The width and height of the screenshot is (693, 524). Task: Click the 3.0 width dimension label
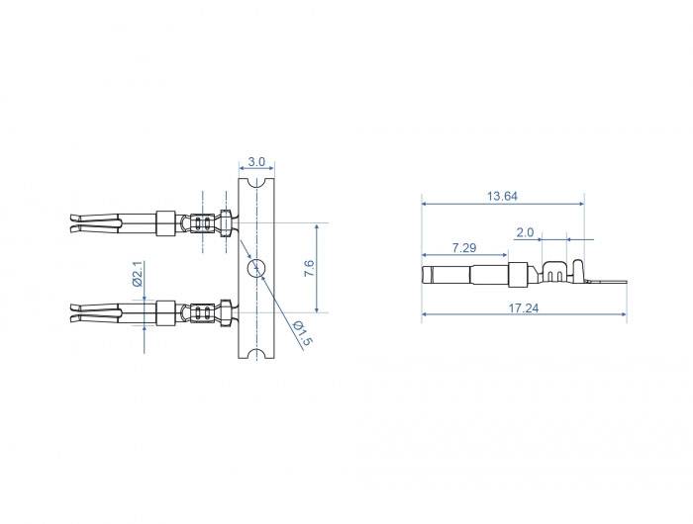pyautogui.click(x=256, y=161)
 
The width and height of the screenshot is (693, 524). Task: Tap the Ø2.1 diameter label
pyautogui.click(x=139, y=273)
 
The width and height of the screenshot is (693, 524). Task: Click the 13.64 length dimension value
pyautogui.click(x=502, y=196)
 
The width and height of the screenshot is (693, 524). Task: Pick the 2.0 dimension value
pyautogui.click(x=525, y=232)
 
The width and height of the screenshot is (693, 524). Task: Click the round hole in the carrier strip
pyautogui.click(x=256, y=268)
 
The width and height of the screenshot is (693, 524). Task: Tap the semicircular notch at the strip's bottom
pyautogui.click(x=256, y=355)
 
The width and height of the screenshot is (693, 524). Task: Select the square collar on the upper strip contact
pyautogui.click(x=165, y=223)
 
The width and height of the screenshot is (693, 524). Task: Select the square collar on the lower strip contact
pyautogui.click(x=165, y=313)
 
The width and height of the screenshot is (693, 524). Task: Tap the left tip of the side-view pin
pyautogui.click(x=426, y=274)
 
